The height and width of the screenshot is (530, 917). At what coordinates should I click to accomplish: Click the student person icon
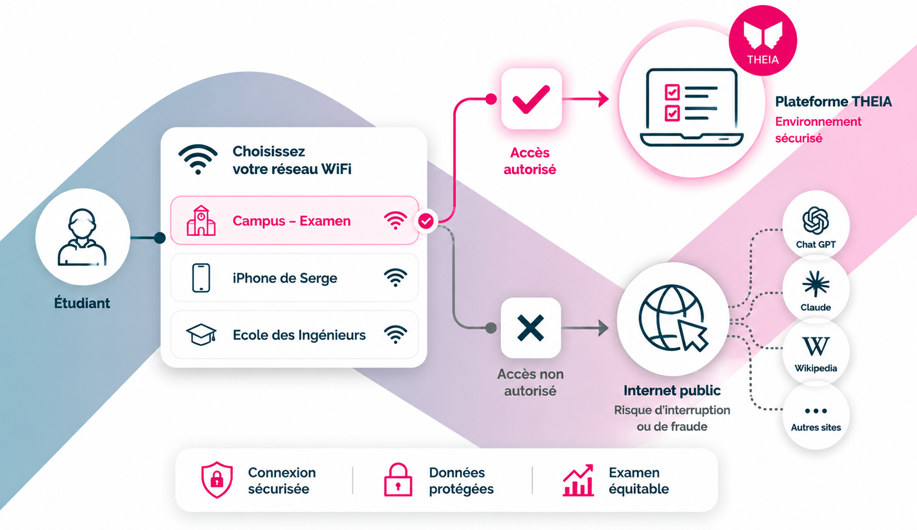tap(82, 237)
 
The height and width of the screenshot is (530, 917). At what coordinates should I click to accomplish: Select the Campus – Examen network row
tap(295, 220)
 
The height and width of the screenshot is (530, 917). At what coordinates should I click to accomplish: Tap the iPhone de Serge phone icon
tap(201, 278)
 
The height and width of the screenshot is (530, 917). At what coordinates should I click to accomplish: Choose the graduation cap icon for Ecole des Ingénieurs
tap(201, 335)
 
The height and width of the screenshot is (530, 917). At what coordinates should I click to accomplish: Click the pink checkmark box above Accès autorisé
tap(531, 98)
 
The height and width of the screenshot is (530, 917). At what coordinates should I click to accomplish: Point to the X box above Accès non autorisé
tap(531, 328)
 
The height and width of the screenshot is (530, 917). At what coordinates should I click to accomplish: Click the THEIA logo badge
tap(762, 41)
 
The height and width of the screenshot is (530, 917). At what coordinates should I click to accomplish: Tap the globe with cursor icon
tap(673, 318)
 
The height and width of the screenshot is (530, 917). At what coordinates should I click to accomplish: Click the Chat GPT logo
tap(815, 220)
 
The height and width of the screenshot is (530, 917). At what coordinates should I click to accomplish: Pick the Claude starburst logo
tap(816, 284)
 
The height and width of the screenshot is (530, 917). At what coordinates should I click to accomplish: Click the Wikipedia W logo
tap(816, 346)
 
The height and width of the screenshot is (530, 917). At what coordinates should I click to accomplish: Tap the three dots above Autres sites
tap(816, 411)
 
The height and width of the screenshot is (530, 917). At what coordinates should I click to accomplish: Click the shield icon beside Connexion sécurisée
tap(217, 479)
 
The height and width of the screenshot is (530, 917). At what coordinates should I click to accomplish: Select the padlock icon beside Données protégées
tap(398, 479)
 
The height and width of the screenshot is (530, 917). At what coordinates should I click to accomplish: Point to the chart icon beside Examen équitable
tap(578, 480)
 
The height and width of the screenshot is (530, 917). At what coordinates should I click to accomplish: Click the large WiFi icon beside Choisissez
tap(198, 159)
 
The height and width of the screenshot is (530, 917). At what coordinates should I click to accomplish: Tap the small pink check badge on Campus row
tap(426, 221)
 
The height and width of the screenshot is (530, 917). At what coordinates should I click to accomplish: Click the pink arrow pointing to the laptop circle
tap(585, 99)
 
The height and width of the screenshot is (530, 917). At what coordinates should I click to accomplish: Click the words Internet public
tap(672, 391)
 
